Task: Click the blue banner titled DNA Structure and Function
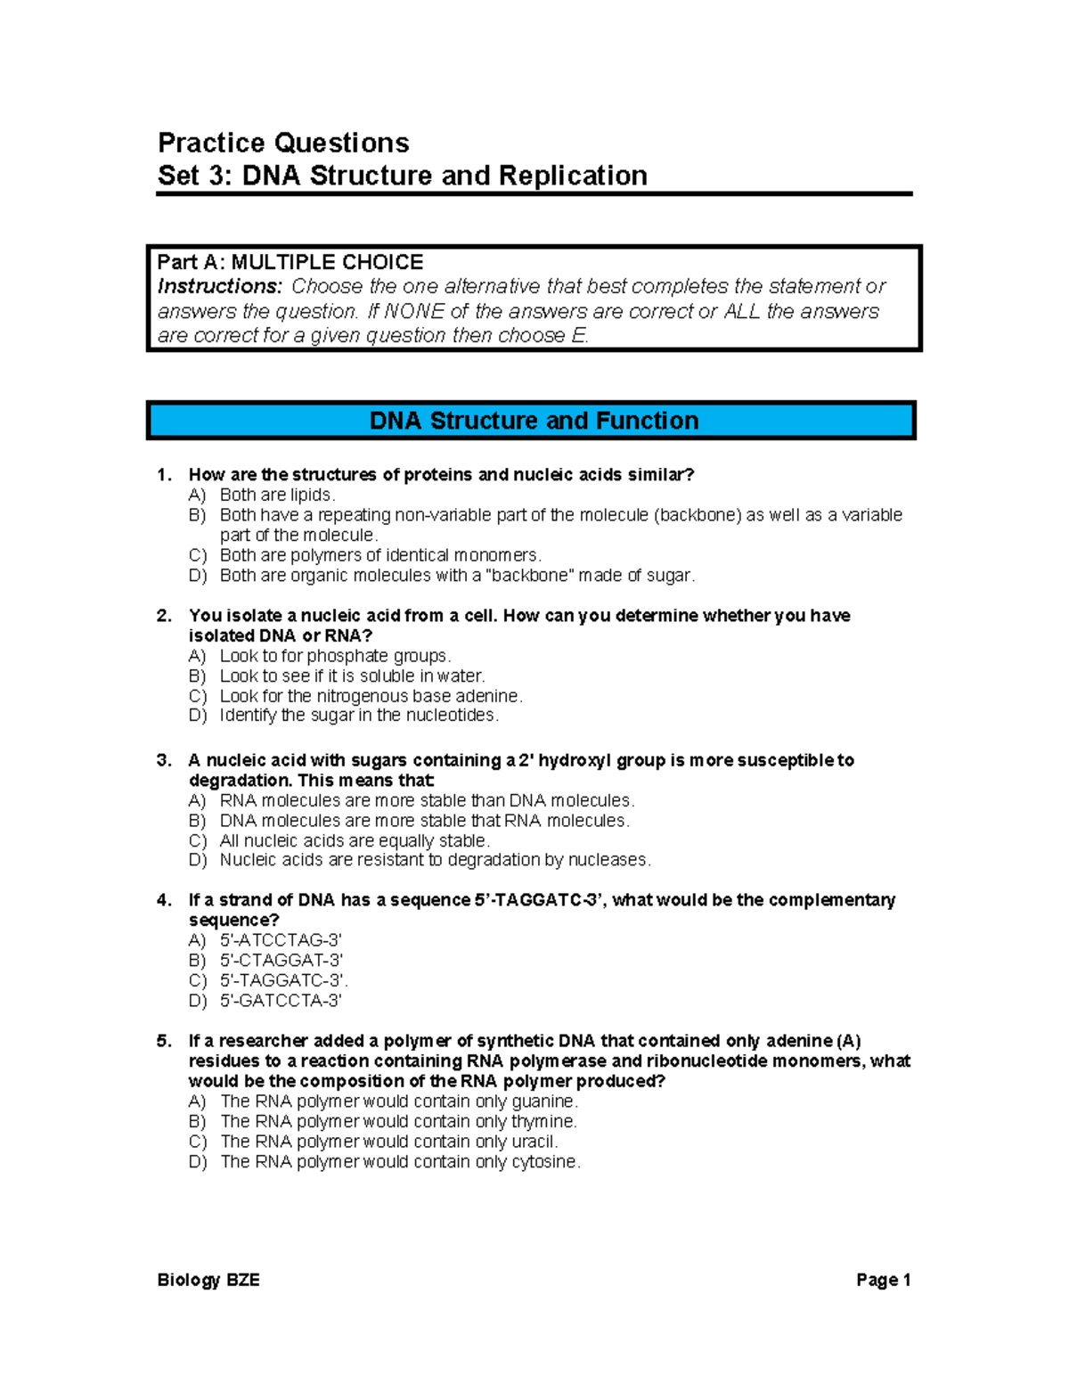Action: [533, 421]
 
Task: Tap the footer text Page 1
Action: [883, 1281]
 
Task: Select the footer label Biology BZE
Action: [208, 1281]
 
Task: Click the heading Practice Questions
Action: [283, 143]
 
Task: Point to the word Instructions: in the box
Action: [219, 286]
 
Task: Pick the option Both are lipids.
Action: [277, 495]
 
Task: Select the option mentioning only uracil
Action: [389, 1142]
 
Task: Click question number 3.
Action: [164, 760]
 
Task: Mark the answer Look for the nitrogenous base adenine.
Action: [371, 696]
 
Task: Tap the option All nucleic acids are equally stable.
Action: [355, 840]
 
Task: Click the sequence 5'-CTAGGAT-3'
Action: [282, 961]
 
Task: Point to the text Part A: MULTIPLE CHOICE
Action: [290, 262]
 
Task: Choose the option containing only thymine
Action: [398, 1121]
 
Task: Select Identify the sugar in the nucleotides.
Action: [359, 716]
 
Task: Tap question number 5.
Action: [164, 1041]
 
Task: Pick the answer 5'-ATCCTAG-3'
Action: [281, 940]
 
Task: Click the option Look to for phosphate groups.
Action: [336, 656]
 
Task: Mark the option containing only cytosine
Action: [400, 1162]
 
